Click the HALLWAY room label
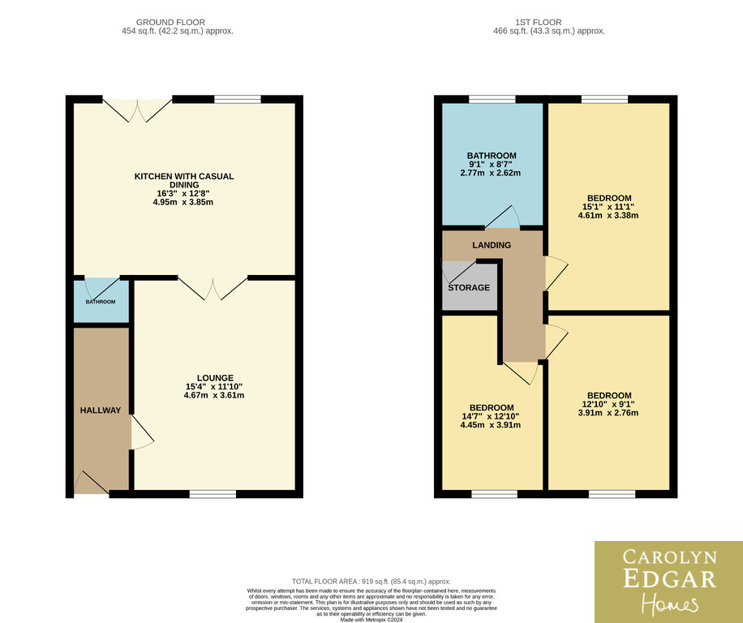pos(101,410)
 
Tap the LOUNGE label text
pos(215,377)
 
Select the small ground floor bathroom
pos(101,301)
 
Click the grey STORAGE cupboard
pos(470,287)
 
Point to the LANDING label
pos(492,245)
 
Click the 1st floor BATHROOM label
pos(492,156)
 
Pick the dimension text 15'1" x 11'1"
pos(608,207)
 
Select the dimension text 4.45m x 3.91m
pos(491,425)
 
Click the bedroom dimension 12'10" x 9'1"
pos(608,404)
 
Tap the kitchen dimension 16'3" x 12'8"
pos(183,193)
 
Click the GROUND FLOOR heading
pos(170,22)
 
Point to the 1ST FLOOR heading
pos(539,22)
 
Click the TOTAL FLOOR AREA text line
pos(371,582)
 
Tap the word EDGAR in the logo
pos(669,579)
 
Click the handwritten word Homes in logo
pos(669,604)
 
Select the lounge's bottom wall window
pos(213,494)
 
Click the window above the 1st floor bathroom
pos(492,99)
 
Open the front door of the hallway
pos(92,483)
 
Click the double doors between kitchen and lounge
pos(213,289)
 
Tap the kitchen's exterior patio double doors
pos(137,110)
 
